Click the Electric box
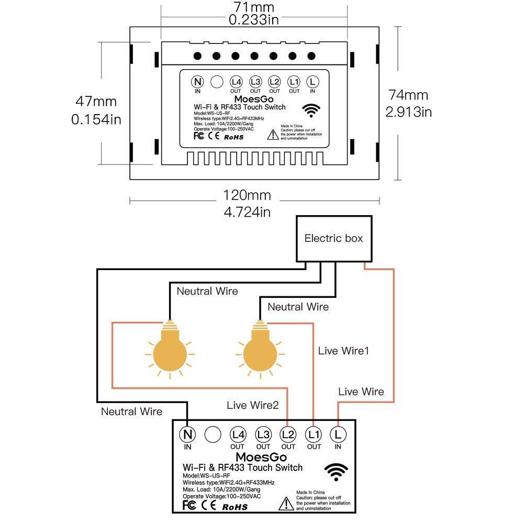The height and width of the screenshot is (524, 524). coord(333,239)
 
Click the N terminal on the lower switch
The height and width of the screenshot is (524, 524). coord(187,434)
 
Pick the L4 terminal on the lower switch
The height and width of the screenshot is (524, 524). coord(238,434)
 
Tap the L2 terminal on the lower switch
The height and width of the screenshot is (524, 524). coord(288,434)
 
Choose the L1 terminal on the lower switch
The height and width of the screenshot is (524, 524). coord(314,434)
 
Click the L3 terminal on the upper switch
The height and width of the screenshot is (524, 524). coord(255,82)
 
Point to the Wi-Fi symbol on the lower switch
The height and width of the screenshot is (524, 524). coord(336,471)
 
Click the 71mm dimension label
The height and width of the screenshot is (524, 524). coord(253,7)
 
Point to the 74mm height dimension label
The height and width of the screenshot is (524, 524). coord(408,95)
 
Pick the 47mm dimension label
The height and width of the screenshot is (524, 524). coord(96,102)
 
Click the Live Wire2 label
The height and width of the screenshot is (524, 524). coord(253,405)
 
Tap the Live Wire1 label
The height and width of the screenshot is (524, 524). coord(343,351)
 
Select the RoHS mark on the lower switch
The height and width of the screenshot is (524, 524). coord(235,506)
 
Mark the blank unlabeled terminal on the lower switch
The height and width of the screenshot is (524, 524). coord(213,434)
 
